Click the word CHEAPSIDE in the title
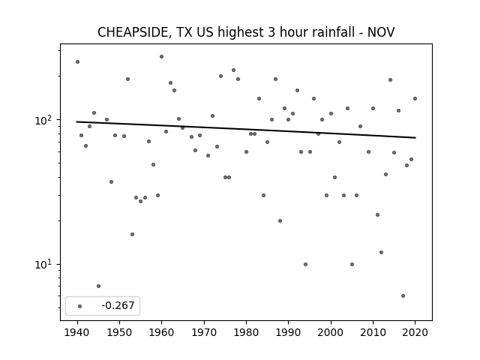133,32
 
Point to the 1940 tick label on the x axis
77,332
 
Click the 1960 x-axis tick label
162,332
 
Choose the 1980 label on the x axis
246,332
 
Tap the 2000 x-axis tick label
331,332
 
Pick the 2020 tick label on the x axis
415,332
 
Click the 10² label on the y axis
46,120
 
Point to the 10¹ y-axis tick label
46,265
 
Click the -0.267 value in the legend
118,305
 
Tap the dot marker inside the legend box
80,306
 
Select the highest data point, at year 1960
162,57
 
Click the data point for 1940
77,61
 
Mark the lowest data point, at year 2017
403,295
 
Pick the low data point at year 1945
98,286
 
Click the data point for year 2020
415,98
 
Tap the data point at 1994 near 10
305,264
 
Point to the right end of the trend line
415,138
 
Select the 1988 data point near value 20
280,220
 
